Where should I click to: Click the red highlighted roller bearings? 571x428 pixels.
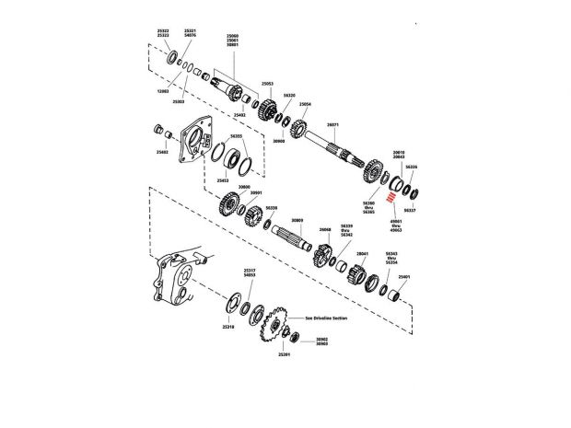pyautogui.click(x=390, y=197)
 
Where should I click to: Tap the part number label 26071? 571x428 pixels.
pyautogui.click(x=333, y=125)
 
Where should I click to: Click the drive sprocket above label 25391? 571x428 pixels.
pyautogui.click(x=270, y=327)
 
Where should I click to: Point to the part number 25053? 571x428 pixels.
pyautogui.click(x=267, y=83)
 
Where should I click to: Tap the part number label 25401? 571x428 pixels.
pyautogui.click(x=403, y=275)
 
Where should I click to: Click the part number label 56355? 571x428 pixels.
pyautogui.click(x=237, y=136)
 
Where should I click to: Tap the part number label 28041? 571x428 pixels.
pyautogui.click(x=362, y=253)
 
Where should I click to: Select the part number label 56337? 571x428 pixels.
pyautogui.click(x=410, y=211)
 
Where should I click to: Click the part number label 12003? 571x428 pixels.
pyautogui.click(x=162, y=92)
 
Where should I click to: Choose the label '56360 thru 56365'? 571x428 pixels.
pyautogui.click(x=368, y=207)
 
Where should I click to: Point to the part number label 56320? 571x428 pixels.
pyautogui.click(x=289, y=95)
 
